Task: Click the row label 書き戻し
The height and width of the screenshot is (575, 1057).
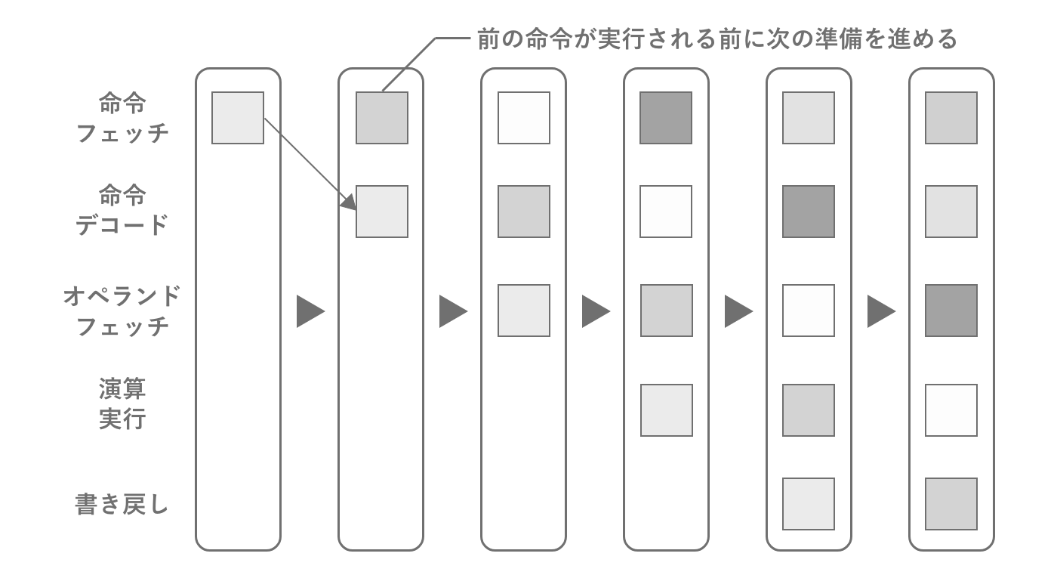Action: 122,504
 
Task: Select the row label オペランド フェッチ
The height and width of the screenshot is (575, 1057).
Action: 122,311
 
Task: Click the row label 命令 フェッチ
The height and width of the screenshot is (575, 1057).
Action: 122,118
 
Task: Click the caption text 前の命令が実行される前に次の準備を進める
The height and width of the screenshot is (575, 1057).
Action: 717,39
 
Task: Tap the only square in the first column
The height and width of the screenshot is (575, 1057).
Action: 238,118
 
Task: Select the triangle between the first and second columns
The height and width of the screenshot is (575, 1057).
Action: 310,311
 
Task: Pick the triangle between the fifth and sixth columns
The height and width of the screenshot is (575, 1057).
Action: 880,311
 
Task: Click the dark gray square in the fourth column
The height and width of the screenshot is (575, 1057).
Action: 666,118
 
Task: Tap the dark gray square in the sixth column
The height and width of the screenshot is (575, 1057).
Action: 951,311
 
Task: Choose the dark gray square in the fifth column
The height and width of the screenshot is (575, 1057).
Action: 809,212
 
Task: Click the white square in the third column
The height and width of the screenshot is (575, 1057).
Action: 524,118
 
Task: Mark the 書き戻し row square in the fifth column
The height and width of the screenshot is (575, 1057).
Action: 809,504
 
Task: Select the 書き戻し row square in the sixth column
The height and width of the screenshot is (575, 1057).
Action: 951,504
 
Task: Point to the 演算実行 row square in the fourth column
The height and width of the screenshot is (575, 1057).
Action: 666,410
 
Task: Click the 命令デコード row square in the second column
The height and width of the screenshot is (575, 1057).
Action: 381,212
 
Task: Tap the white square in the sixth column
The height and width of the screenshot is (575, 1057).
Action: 951,410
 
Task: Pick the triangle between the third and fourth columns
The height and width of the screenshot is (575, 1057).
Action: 595,311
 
